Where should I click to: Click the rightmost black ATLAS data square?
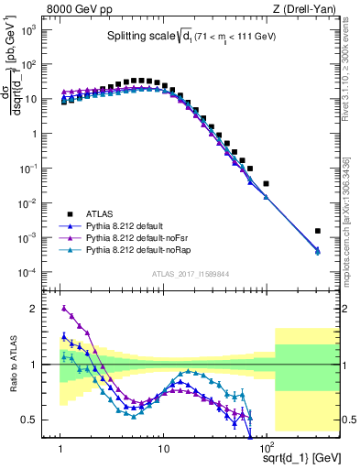click(318, 231)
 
